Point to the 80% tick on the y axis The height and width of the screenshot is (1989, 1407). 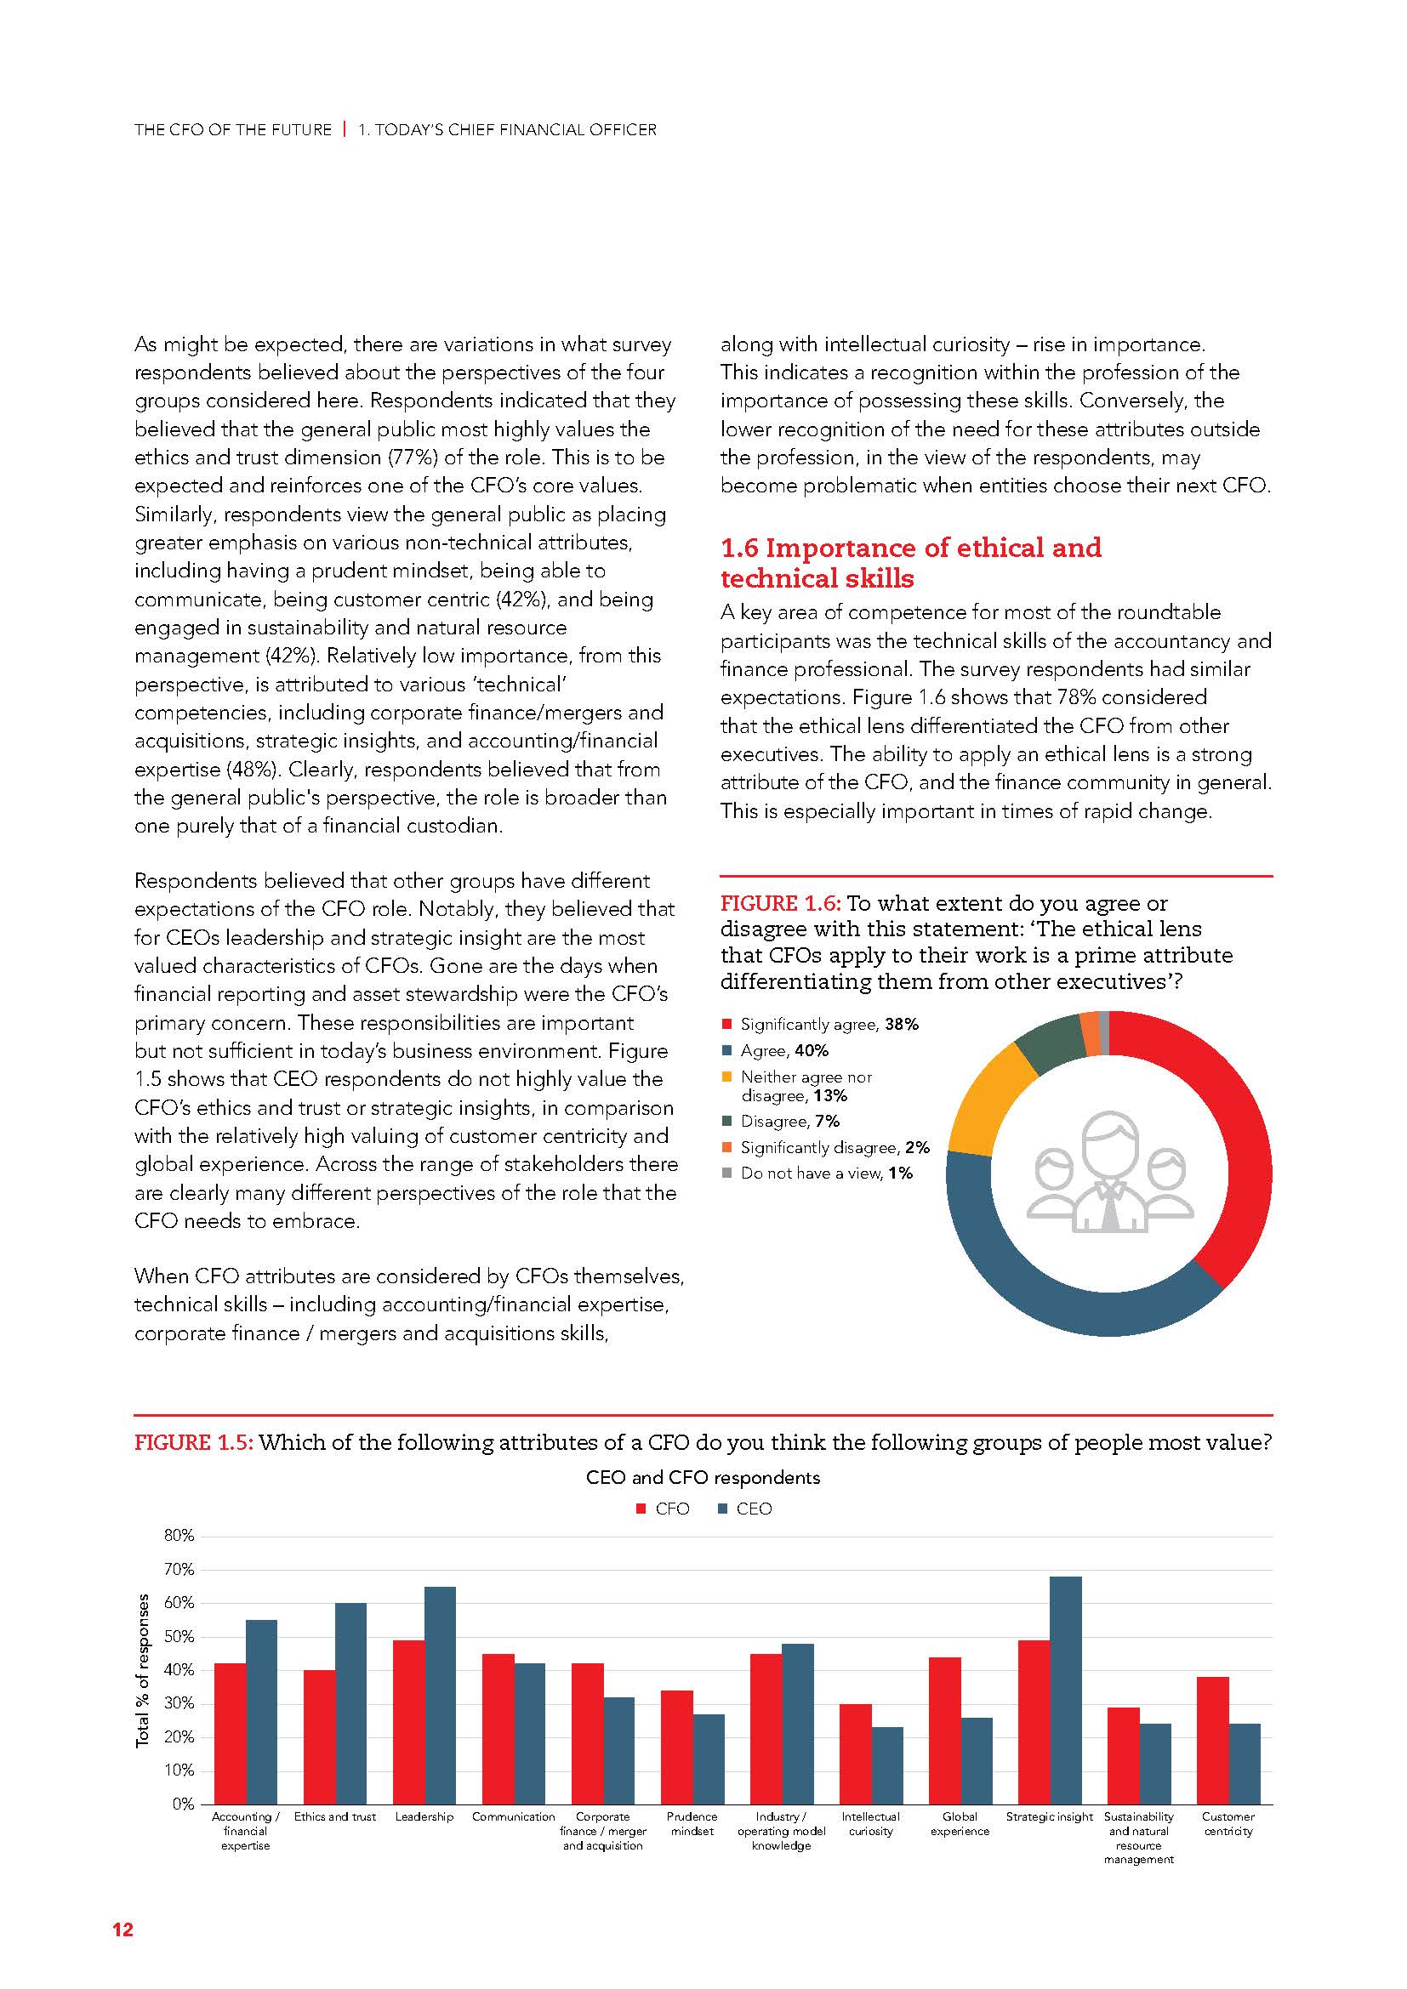[x=179, y=1536]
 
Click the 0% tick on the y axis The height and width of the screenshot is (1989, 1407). [x=183, y=1804]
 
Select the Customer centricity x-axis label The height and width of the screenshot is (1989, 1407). [x=1228, y=1823]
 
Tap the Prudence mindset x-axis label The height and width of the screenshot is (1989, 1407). [x=692, y=1823]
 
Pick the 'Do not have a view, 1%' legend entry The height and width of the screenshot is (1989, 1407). [x=825, y=1173]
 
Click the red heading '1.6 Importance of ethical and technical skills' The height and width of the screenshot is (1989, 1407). [x=909, y=562]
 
